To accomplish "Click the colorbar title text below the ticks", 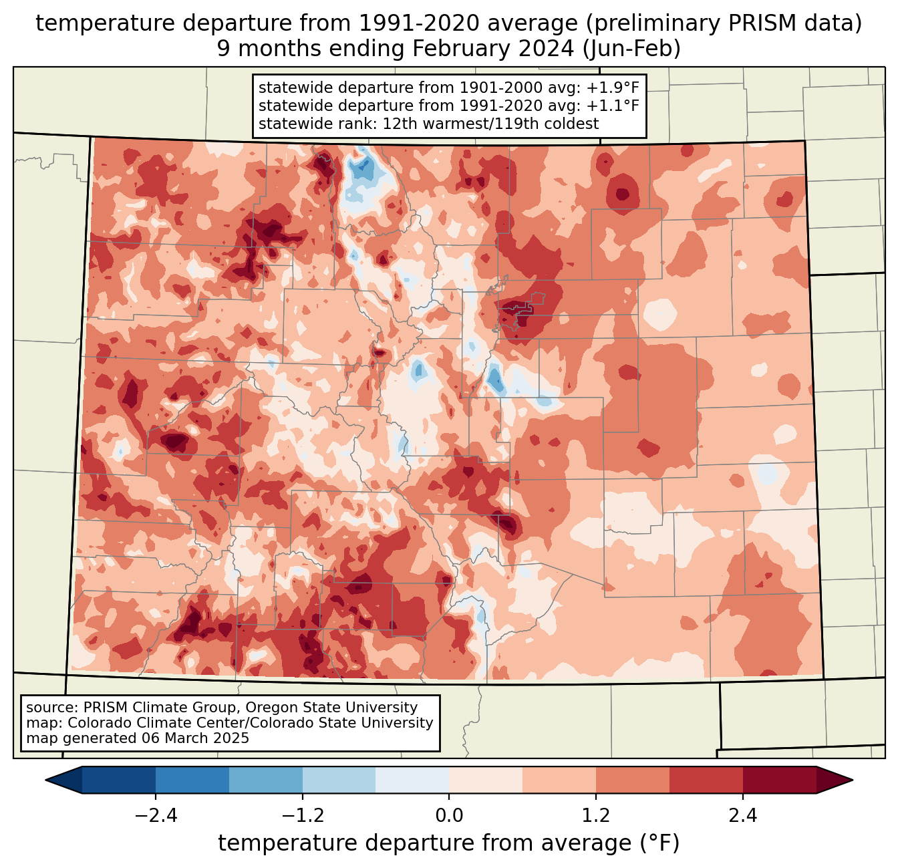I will click(x=448, y=843).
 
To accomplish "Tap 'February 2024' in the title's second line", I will click(x=494, y=49).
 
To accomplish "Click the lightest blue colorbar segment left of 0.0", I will click(x=412, y=780).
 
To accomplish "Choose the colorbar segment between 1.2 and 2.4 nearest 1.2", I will click(x=633, y=780).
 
